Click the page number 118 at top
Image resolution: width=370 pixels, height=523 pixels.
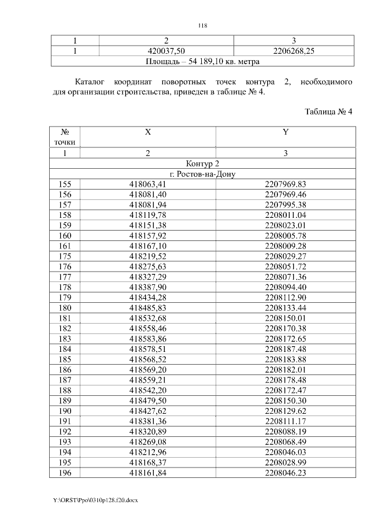(202, 25)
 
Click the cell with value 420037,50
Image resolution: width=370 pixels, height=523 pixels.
(166, 51)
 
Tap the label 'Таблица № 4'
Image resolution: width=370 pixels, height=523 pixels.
(328, 112)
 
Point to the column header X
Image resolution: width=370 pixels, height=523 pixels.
(148, 132)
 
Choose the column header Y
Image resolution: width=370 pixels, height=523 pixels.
(285, 132)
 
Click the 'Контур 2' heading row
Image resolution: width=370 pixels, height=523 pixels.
(202, 164)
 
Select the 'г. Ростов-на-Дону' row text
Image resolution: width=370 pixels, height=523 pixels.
(202, 174)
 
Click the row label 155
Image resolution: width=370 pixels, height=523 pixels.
(65, 184)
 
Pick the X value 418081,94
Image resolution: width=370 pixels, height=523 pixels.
(148, 205)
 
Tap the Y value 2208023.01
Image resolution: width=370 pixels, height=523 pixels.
(285, 225)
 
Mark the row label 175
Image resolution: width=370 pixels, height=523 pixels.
(65, 256)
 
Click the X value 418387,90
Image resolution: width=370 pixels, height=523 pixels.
(148, 287)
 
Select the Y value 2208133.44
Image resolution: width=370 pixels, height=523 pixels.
(285, 307)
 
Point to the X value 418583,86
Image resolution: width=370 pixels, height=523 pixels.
(148, 339)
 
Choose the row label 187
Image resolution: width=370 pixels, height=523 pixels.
(65, 380)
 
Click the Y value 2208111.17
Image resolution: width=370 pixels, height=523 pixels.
(285, 421)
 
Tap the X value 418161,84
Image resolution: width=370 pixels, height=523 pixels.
(148, 472)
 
